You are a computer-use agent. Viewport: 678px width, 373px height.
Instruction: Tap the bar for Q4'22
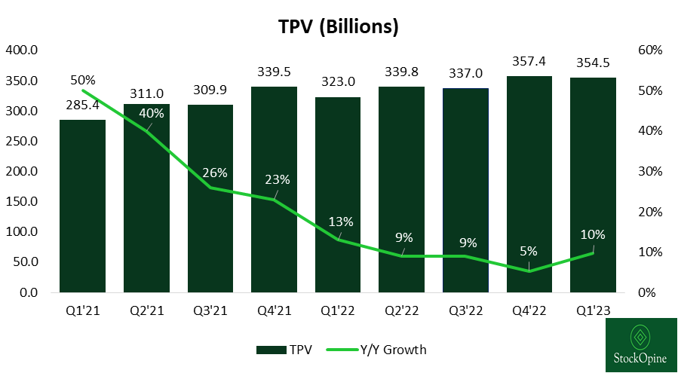pos(529,184)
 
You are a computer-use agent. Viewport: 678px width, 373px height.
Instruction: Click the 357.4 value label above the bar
pos(529,61)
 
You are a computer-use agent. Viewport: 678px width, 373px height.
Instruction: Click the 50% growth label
pos(82,79)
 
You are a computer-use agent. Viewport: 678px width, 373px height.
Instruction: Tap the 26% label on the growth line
pos(215,172)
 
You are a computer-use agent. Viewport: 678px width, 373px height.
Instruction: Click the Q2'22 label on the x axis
pos(401,310)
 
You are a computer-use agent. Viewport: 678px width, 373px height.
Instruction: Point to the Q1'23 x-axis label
pos(593,310)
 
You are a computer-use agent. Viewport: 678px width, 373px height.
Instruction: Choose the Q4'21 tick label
pos(274,310)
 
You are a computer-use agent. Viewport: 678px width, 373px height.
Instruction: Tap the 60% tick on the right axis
pos(649,50)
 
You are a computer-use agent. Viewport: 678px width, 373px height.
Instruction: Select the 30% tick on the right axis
pos(649,171)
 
